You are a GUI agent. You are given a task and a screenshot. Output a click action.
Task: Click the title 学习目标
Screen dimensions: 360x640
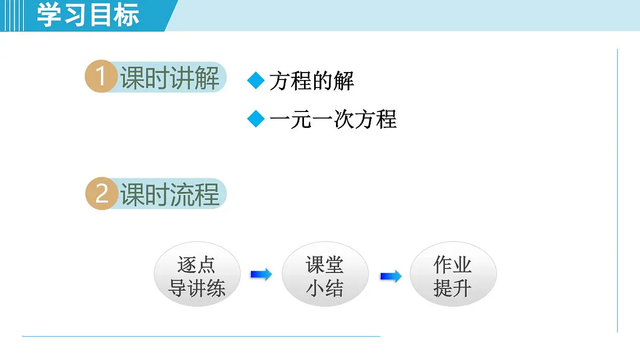coord(88,15)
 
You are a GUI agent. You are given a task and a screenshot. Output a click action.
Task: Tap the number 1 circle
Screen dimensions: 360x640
coord(101,77)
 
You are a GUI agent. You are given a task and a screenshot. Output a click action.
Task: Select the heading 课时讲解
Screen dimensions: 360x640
coord(170,78)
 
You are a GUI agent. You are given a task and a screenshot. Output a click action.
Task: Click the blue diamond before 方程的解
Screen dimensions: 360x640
coord(256,81)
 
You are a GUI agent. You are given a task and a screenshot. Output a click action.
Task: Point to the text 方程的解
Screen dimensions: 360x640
coord(311,81)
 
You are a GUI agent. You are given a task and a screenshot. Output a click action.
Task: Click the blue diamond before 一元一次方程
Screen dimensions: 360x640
coord(256,119)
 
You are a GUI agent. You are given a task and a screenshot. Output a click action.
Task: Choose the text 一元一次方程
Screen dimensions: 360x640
coord(333,119)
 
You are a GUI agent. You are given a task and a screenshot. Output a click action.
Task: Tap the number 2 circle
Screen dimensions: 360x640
coord(101,194)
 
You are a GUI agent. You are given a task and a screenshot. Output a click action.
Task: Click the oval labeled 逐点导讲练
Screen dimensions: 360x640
coord(197,276)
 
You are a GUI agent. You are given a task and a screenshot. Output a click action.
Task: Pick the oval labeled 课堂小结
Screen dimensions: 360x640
coord(325,276)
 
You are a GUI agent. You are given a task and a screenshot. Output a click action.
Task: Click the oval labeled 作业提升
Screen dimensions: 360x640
coord(453,276)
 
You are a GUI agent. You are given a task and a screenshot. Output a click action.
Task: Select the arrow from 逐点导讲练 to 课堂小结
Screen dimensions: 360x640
coord(261,275)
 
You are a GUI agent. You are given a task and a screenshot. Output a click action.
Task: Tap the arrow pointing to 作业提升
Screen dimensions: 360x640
coord(390,276)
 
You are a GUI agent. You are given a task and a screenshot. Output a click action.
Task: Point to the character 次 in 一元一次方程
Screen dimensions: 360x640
coord(344,119)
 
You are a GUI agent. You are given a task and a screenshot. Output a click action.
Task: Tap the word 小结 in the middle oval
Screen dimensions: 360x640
coord(325,289)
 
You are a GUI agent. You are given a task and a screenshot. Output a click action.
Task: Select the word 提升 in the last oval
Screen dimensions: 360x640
coord(453,289)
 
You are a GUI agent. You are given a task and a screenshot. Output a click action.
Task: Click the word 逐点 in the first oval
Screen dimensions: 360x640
coord(197,264)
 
